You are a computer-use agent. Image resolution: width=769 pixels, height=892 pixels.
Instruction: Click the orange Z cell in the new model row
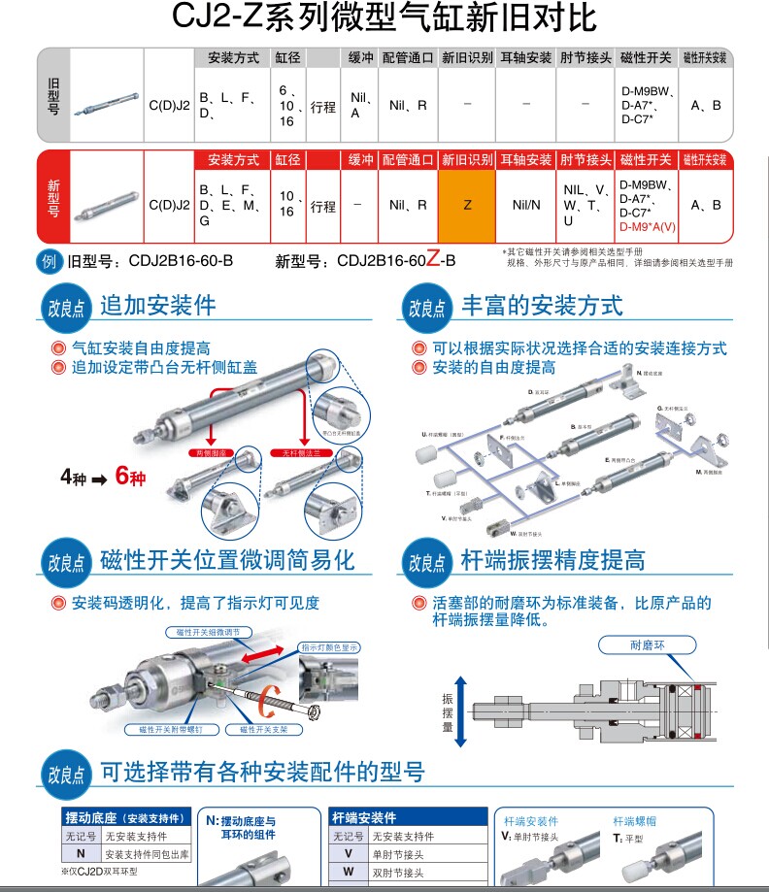click(467, 205)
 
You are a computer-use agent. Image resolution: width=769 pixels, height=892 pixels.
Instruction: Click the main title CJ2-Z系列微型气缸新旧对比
click(384, 19)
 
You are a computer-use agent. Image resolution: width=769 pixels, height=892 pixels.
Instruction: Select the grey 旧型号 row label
click(53, 97)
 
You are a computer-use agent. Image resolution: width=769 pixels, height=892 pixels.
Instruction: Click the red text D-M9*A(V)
click(648, 226)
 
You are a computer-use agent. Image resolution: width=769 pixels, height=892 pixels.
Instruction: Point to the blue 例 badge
click(50, 260)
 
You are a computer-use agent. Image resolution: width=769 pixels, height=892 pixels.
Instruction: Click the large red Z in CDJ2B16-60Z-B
click(433, 259)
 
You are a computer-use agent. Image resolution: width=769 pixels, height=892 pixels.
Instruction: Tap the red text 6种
click(130, 478)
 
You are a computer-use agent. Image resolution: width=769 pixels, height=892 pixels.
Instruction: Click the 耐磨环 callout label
click(649, 644)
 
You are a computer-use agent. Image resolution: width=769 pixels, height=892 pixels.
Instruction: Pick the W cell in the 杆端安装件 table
click(348, 872)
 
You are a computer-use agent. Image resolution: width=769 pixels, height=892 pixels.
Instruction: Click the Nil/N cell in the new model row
click(526, 205)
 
